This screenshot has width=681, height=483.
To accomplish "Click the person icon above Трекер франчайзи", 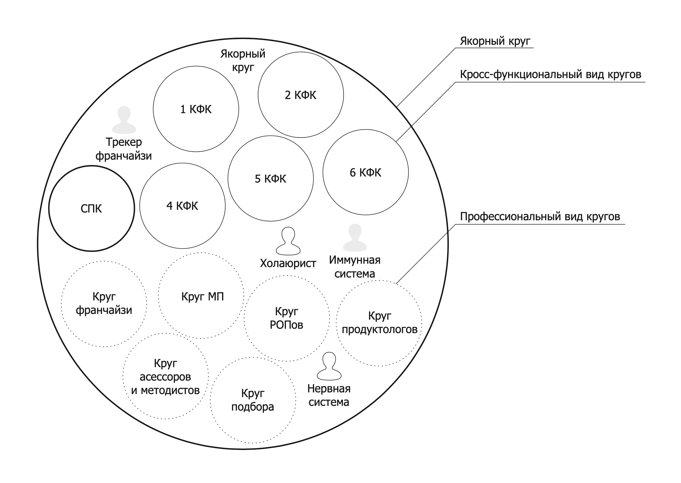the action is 124,120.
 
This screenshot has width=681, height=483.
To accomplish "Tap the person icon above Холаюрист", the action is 288,240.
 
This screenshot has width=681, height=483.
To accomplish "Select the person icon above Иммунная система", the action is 355,237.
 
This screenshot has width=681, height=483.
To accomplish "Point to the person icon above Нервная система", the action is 329,366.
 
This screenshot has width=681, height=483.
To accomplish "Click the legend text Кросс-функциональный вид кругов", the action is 550,74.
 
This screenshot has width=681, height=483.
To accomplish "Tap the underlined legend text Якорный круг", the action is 495,41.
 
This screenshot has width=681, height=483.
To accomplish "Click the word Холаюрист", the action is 288,263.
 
